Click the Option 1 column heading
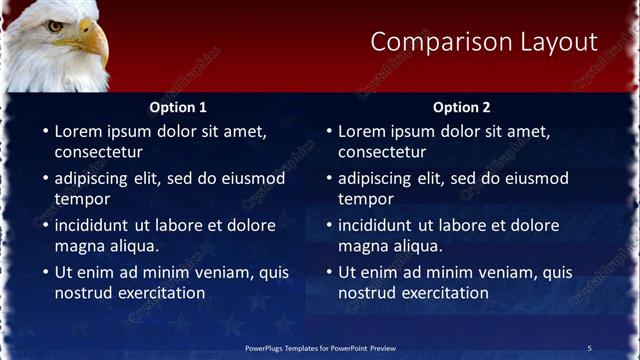[x=179, y=107]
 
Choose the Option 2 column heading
[x=462, y=107]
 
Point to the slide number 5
[x=589, y=348]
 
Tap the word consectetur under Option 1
[x=98, y=152]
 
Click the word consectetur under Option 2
[x=381, y=152]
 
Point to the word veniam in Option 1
[x=230, y=272]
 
